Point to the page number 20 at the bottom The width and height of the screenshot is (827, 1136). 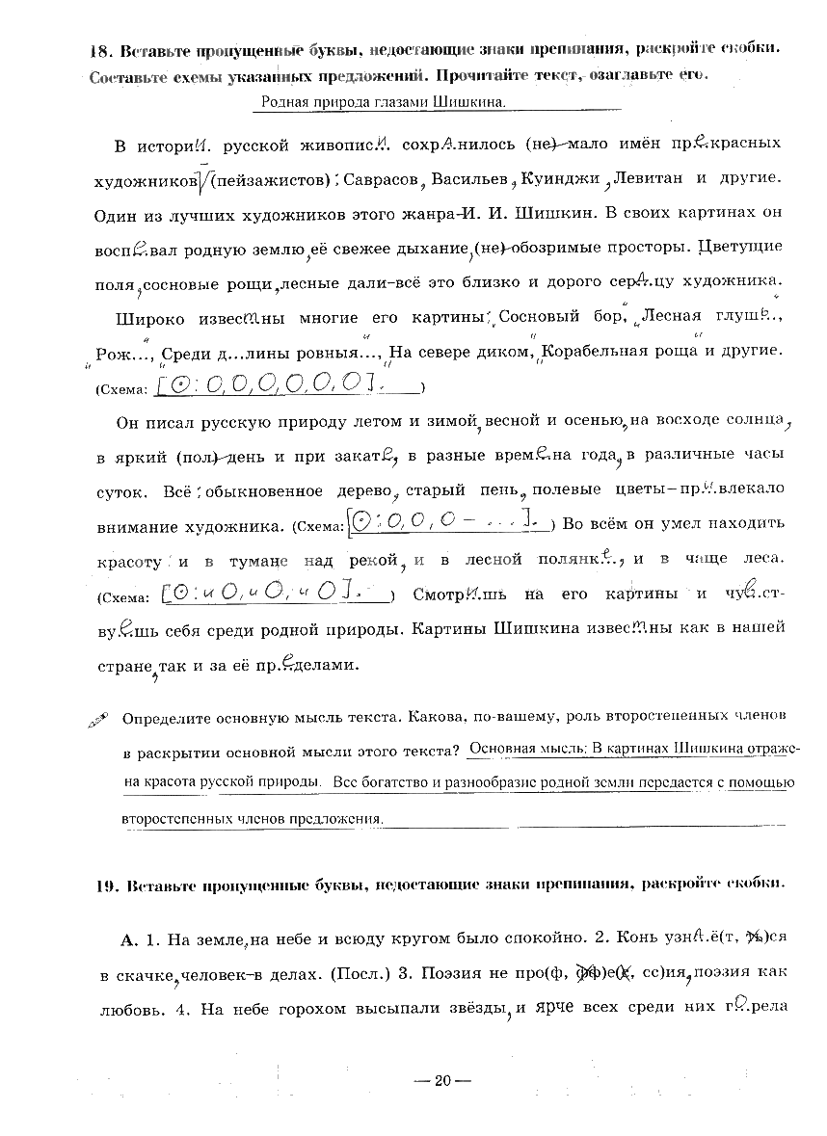(x=441, y=1080)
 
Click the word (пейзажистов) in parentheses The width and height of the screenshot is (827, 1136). (x=271, y=180)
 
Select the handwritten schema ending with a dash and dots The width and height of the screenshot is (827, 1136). (x=445, y=524)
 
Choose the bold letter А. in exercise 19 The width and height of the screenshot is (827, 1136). (x=130, y=935)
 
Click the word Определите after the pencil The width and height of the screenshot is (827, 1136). (x=167, y=718)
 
